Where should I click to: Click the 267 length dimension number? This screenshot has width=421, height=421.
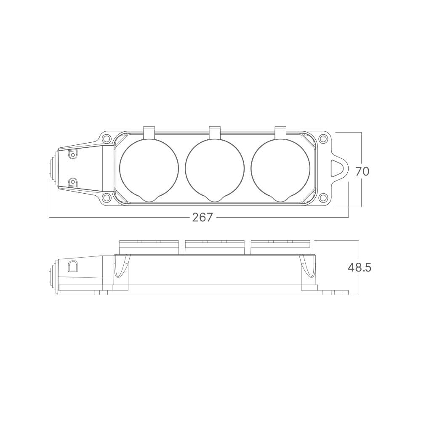(x=203, y=217)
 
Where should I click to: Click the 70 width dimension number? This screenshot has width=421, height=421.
(x=362, y=171)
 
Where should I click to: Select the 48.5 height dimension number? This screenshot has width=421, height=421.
(x=360, y=267)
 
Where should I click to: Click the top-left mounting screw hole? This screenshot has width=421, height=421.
(x=107, y=139)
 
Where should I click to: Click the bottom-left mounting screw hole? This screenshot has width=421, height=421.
(x=107, y=198)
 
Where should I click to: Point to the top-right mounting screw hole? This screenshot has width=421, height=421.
(x=323, y=139)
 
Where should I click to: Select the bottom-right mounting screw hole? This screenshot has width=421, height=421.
(x=323, y=198)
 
